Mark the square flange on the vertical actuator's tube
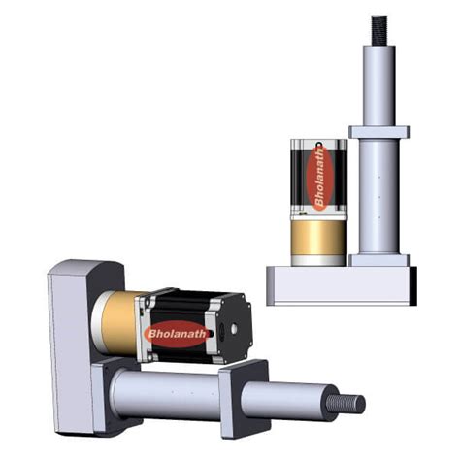click(x=378, y=131)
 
